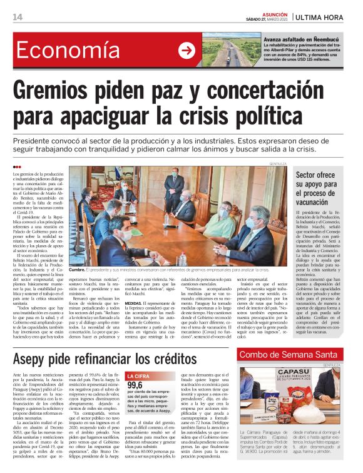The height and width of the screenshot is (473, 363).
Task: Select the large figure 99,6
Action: (x=136, y=385)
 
